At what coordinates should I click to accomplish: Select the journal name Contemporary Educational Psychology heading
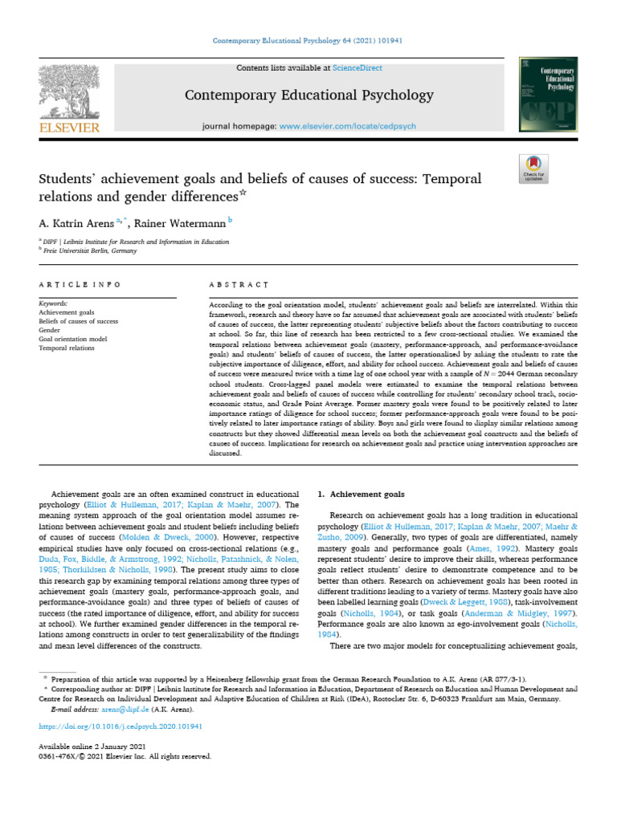point(308,96)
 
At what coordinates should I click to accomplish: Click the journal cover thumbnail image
point(547,95)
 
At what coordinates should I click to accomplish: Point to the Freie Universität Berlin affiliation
point(90,250)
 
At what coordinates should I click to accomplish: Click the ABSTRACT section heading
point(238,284)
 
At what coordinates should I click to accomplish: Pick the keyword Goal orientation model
point(72,339)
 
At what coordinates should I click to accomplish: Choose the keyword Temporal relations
point(67,348)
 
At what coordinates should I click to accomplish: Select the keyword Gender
point(50,330)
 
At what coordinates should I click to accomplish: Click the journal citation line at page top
point(308,41)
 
